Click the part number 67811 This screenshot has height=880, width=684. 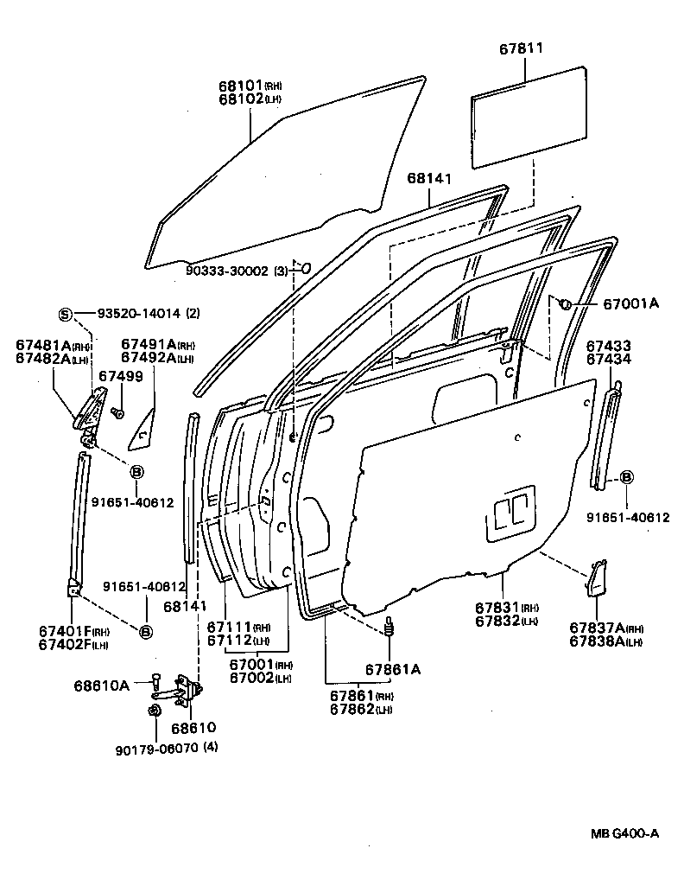[521, 49]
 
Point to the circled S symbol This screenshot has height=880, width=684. [64, 313]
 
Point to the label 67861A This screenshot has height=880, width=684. [392, 668]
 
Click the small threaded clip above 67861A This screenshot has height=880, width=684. [389, 628]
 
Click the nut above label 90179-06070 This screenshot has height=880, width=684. [154, 711]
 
